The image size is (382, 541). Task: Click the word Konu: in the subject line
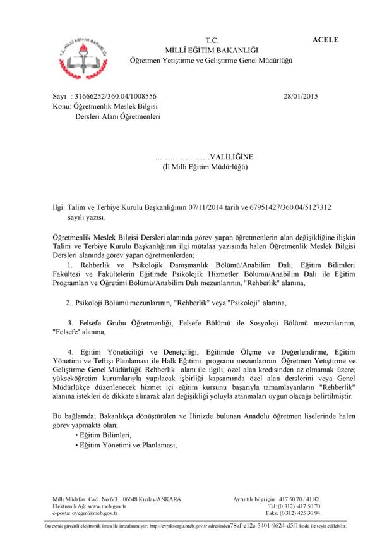tap(63, 107)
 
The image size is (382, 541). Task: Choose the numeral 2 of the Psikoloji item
tap(68, 303)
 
